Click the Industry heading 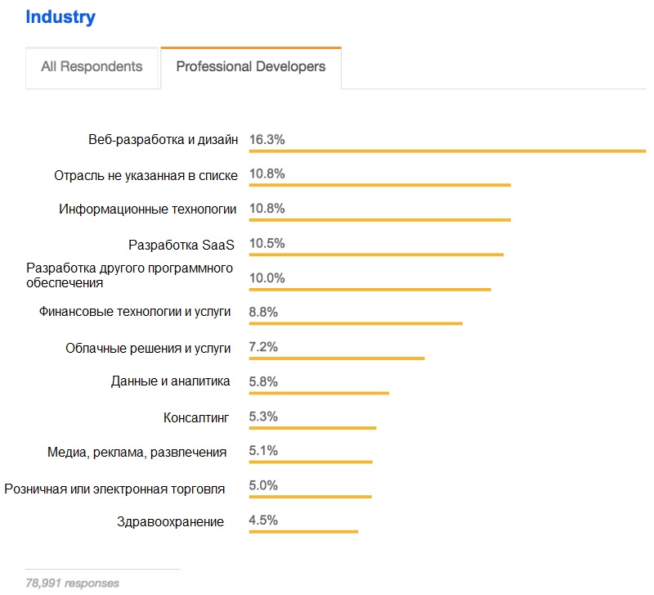60,16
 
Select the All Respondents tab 92,67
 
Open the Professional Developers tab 251,67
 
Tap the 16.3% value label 267,140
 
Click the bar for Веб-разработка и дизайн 447,151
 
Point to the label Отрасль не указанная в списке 146,175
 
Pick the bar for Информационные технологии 379,220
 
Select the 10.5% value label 267,243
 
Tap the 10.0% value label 267,278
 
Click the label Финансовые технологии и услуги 135,312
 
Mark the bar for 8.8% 356,323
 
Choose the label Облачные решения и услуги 148,348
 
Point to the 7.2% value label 264,347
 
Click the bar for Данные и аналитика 319,393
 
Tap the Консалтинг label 196,417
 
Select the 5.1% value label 264,451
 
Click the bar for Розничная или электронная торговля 310,497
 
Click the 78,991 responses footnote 72,583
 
